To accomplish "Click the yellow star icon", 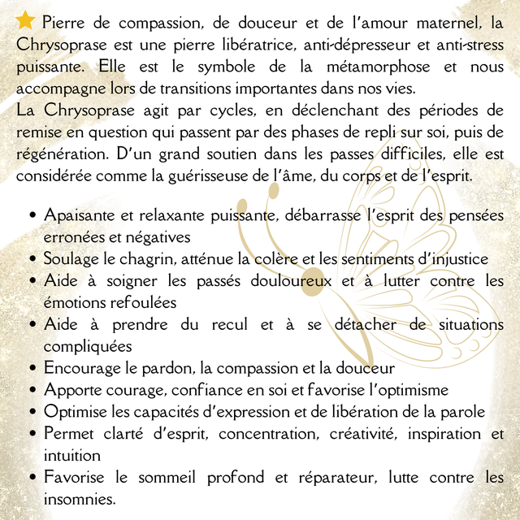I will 27,20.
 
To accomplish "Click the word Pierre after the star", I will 65,22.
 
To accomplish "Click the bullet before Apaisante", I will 31,217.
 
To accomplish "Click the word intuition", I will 72,455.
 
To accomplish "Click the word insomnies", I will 81,498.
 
